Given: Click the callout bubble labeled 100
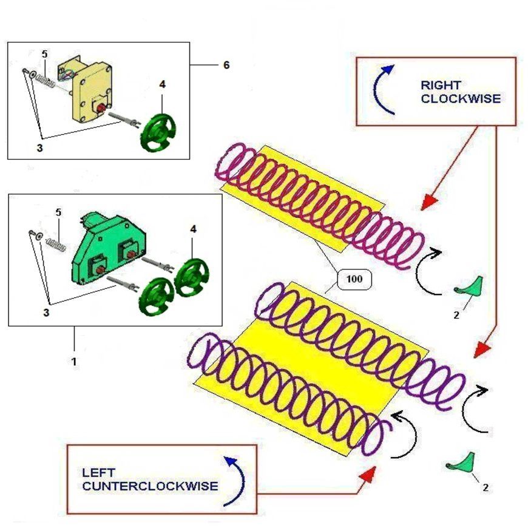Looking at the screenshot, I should pyautogui.click(x=353, y=280).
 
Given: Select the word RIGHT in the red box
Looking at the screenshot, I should pyautogui.click(x=440, y=85).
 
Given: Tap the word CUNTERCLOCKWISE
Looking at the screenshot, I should pyautogui.click(x=150, y=486).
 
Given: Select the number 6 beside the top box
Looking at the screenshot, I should pyautogui.click(x=226, y=65).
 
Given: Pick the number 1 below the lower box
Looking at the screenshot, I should pyautogui.click(x=74, y=360).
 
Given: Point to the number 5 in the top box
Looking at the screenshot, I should pyautogui.click(x=45, y=55).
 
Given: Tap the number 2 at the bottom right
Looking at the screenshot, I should pyautogui.click(x=485, y=487).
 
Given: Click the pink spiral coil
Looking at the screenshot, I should pyautogui.click(x=322, y=203).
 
